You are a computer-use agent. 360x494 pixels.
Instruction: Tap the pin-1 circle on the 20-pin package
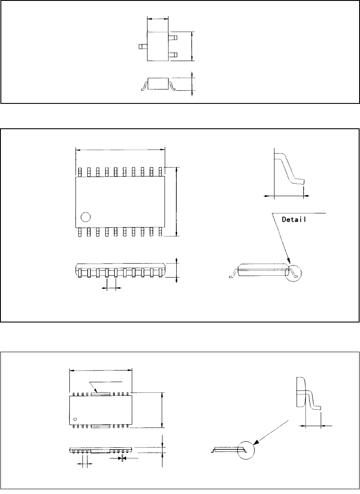point(85,216)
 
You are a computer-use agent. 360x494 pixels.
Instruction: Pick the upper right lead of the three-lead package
point(173,38)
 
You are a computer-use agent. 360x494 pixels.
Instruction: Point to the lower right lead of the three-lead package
point(173,55)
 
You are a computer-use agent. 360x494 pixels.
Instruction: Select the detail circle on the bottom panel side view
point(245,450)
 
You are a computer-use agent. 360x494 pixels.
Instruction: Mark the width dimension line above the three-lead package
point(158,19)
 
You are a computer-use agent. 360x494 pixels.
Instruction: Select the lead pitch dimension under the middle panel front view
point(111,288)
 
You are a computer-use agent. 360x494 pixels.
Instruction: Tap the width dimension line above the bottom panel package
point(101,371)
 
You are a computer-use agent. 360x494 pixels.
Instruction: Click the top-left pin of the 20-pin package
point(79,172)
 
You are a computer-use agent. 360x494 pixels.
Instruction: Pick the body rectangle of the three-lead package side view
point(158,82)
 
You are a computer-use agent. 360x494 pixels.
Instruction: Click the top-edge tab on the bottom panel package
point(101,394)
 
